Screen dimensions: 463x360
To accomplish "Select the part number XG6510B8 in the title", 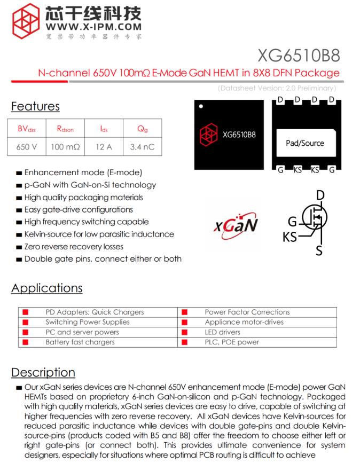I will (298, 56).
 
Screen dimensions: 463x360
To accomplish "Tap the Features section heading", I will (35, 106).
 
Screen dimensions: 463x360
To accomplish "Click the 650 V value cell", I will (27, 146).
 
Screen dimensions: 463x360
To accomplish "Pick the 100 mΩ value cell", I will (65, 146).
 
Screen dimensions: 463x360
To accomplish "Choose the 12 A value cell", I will (104, 146).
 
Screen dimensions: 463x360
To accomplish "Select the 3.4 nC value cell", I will (142, 146).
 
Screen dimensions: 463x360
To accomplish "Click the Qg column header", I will (142, 129).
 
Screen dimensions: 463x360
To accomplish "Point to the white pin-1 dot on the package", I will (201, 106).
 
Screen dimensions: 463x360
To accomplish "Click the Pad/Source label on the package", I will (304, 143).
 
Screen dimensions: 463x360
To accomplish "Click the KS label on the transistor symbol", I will (290, 237).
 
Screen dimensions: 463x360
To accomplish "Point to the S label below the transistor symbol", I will (319, 250).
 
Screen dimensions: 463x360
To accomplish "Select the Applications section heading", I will (47, 288).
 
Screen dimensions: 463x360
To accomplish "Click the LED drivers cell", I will (223, 332).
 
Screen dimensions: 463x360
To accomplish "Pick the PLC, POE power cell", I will (232, 342).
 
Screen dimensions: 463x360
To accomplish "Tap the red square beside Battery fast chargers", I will (25, 342).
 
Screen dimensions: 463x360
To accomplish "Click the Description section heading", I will (43, 372).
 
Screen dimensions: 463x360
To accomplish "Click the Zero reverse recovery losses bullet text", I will (74, 247).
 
